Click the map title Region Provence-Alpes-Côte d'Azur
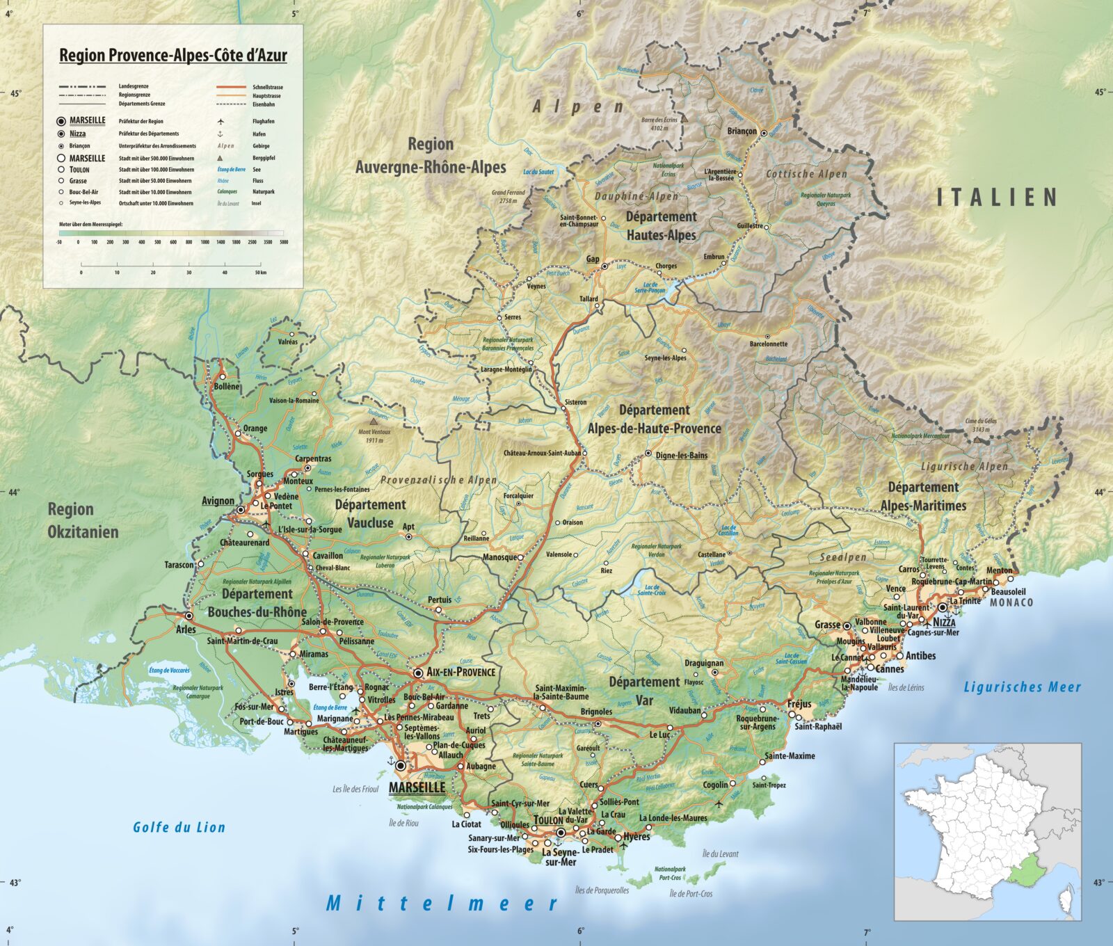pos(173,55)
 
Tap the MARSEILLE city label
pos(417,787)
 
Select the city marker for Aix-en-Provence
pos(418,673)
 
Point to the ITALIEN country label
pos(997,198)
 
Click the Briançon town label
pos(742,131)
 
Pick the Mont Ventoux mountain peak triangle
pos(374,422)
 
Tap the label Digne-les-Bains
pos(681,456)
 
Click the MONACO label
pos(1011,602)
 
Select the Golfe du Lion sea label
pos(179,827)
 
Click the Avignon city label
pos(218,501)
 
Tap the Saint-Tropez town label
pos(769,785)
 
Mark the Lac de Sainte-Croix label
pos(651,591)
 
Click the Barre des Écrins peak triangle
pos(684,119)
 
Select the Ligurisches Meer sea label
pos(1022,687)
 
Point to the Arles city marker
pos(189,616)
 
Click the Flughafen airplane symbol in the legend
pos(221,121)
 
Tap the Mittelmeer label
pos(442,904)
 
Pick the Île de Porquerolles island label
pos(602,890)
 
